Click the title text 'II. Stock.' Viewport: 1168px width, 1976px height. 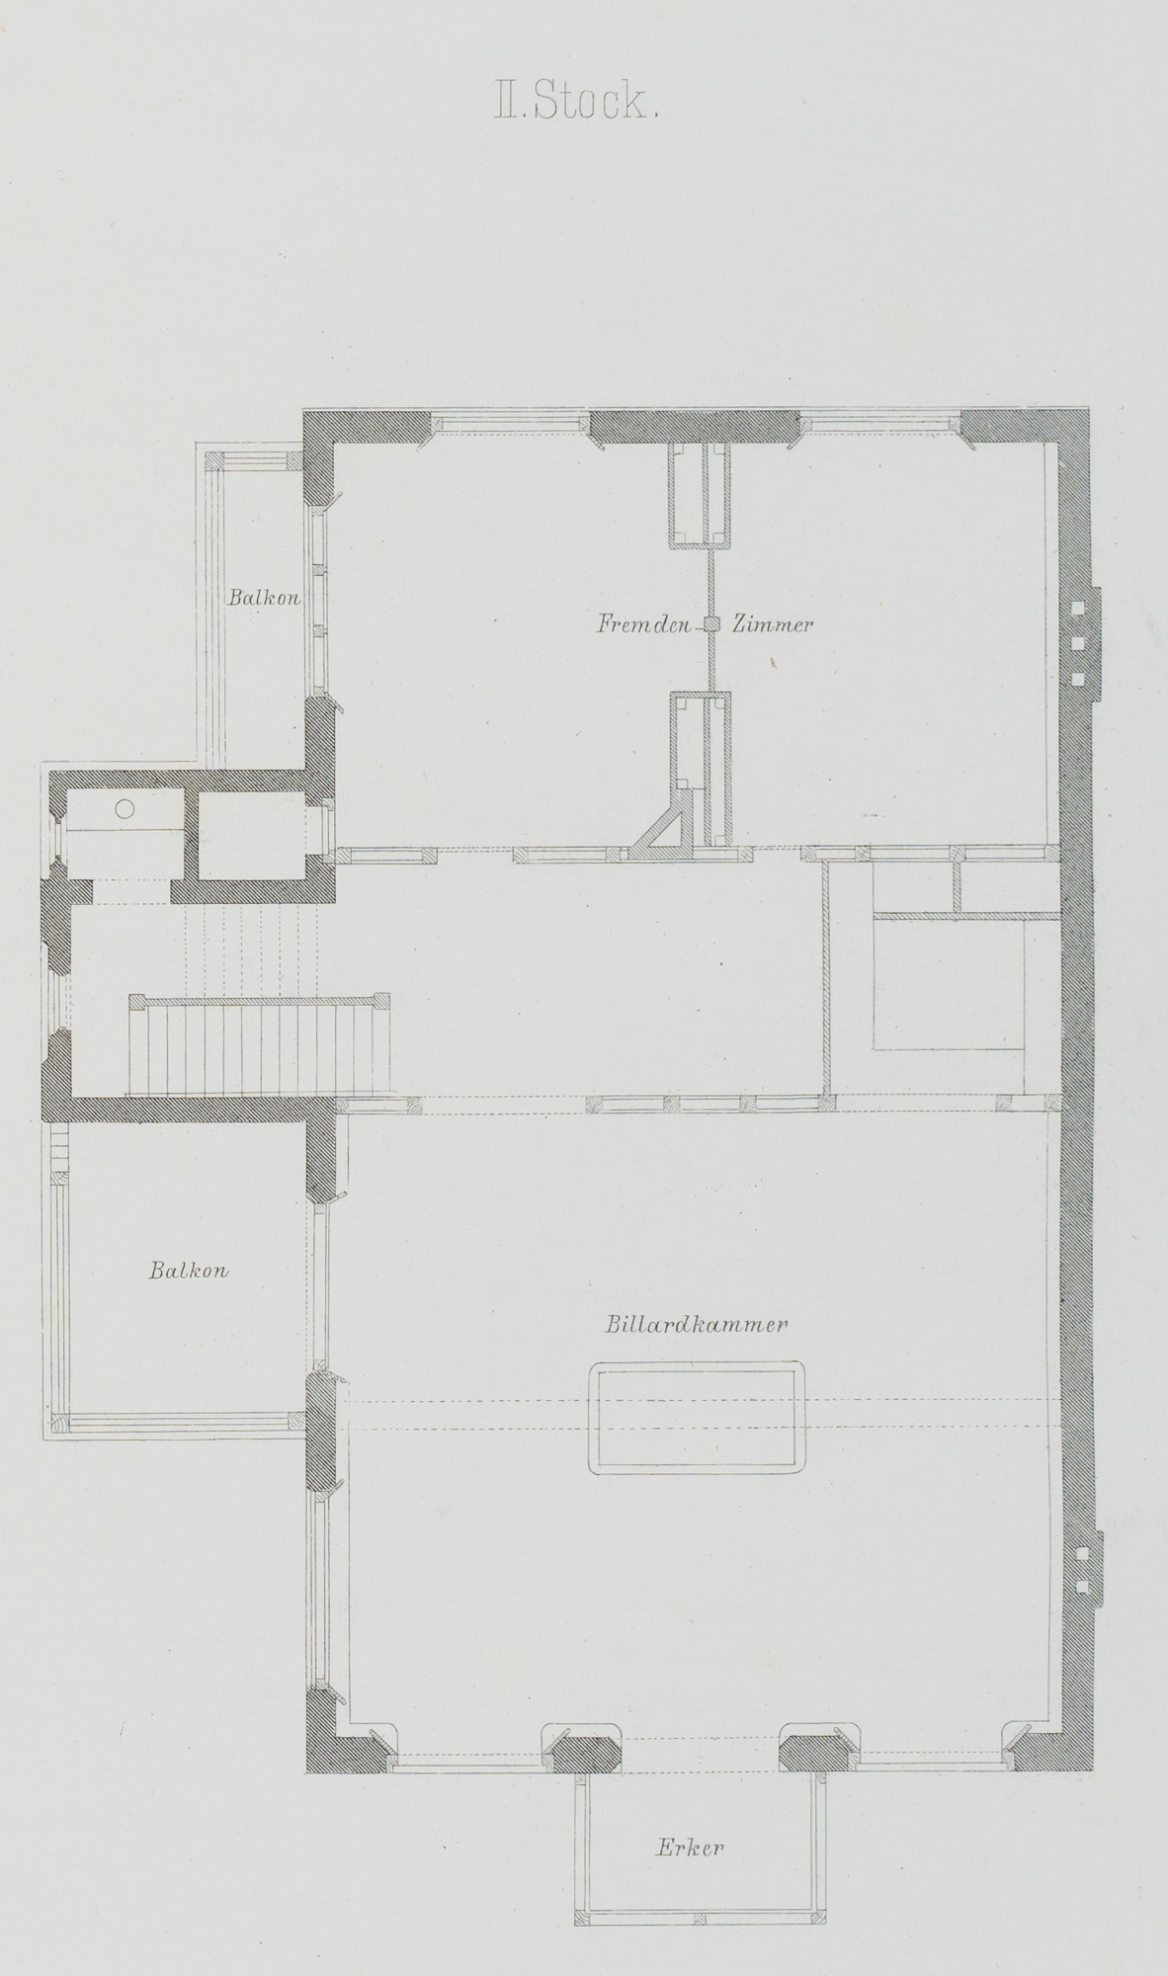[x=576, y=103]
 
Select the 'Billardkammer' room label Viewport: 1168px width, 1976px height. [x=696, y=1325]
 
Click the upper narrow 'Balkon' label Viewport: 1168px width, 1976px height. [x=264, y=598]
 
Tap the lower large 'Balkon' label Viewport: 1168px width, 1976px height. [x=189, y=1271]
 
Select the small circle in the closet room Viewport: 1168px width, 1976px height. [x=125, y=808]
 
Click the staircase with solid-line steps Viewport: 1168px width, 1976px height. [x=258, y=1048]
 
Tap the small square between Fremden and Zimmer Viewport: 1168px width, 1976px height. [x=711, y=624]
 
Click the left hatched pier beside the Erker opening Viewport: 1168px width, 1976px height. [x=585, y=1750]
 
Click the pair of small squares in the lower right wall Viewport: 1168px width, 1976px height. [x=1082, y=1569]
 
